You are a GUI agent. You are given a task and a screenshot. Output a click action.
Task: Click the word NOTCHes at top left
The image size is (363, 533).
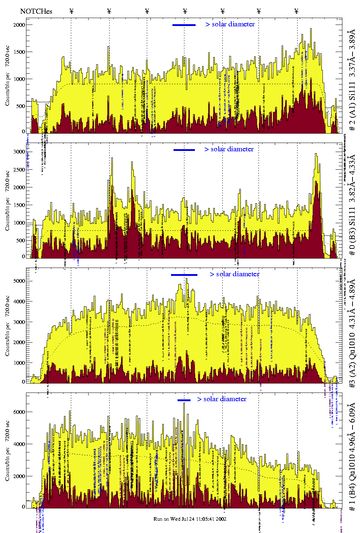tap(36, 11)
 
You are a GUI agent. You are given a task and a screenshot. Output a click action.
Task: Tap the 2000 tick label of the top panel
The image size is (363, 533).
tap(19, 25)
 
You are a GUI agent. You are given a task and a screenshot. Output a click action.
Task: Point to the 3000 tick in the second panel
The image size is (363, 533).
tap(19, 152)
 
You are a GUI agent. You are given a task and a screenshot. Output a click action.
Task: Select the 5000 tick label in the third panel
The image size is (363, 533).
tap(19, 281)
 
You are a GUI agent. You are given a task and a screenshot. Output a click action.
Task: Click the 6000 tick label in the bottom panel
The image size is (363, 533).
tap(19, 412)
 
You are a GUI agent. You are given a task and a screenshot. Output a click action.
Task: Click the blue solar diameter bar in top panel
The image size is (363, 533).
tap(184, 25)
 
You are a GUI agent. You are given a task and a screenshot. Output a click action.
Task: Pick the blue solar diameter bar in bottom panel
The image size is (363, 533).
tap(184, 400)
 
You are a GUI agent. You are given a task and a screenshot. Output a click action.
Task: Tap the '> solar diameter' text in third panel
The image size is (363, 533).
tap(235, 274)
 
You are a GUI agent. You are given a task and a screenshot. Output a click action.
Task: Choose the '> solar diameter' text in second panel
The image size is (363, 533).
tap(229, 149)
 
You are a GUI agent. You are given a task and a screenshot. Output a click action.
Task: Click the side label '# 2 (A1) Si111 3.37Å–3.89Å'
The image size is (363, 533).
tap(352, 81)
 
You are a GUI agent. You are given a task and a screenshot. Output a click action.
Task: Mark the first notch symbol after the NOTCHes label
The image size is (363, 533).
tap(71, 11)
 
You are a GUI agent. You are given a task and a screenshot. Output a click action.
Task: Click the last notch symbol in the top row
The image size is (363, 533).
tap(296, 11)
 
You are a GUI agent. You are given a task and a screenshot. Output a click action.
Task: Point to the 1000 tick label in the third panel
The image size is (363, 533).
tap(19, 363)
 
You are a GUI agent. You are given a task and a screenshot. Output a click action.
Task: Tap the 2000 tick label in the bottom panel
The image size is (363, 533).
tap(19, 476)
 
